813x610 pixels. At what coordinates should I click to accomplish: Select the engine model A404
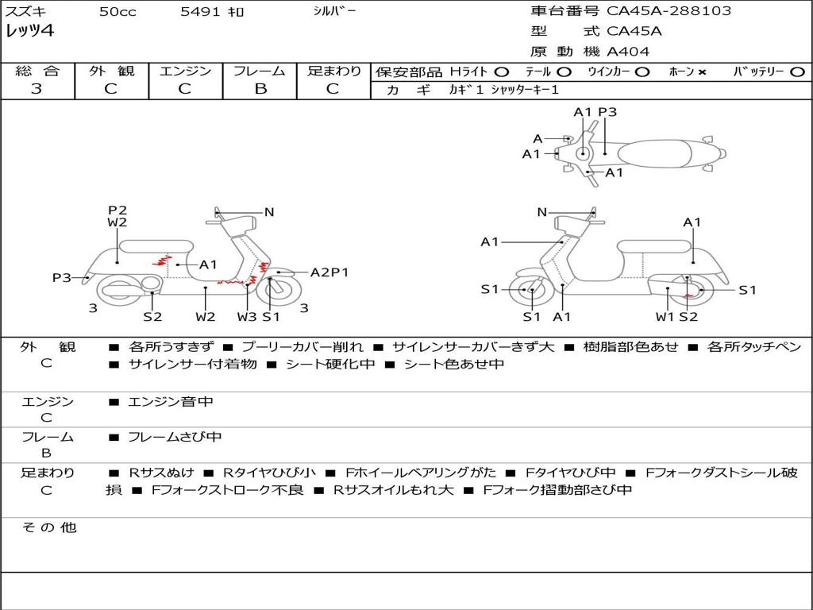click(x=628, y=52)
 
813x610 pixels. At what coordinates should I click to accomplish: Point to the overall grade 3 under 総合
click(x=37, y=89)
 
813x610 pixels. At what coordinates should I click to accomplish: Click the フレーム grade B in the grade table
click(x=260, y=89)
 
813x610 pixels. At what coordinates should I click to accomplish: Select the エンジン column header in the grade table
click(x=185, y=71)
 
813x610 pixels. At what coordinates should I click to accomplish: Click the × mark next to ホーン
click(x=702, y=72)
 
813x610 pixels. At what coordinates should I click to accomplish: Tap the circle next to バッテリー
click(x=796, y=72)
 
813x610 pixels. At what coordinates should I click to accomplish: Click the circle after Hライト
click(x=502, y=72)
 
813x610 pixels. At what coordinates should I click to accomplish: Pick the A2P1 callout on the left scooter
click(x=329, y=272)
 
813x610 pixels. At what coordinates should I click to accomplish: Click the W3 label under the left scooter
click(x=247, y=317)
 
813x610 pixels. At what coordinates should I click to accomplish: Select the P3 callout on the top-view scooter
click(x=607, y=112)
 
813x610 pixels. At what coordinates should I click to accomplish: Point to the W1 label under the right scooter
click(x=665, y=317)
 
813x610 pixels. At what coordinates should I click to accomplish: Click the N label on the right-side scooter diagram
click(x=542, y=212)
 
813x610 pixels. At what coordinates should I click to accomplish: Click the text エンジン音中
click(x=171, y=402)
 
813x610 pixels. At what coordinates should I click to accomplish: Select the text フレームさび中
click(x=175, y=437)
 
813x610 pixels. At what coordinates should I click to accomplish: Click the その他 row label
click(x=48, y=527)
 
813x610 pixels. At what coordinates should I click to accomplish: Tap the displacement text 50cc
click(x=115, y=12)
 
